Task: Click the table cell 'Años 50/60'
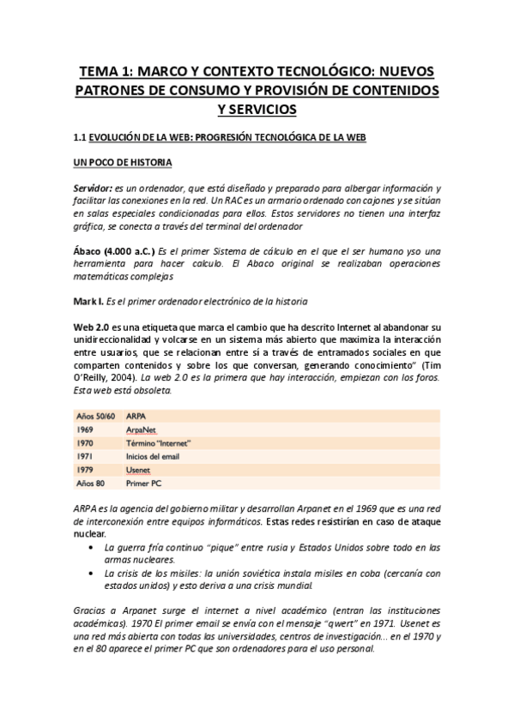click(93, 415)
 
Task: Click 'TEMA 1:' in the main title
click(110, 71)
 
